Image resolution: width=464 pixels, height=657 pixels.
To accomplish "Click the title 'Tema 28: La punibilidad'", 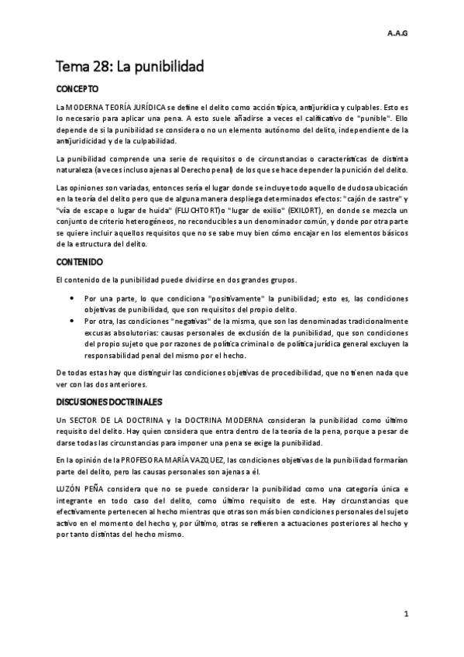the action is click(x=129, y=67).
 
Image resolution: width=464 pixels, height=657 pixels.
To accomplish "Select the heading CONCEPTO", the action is click(x=78, y=89).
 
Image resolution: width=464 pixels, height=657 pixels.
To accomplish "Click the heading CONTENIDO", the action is click(x=80, y=262).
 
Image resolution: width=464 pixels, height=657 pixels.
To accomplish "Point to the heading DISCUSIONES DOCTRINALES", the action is click(x=108, y=402).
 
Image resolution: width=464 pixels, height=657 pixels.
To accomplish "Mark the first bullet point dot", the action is click(x=72, y=298).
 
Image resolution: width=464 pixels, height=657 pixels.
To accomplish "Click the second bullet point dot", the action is click(x=72, y=319).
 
